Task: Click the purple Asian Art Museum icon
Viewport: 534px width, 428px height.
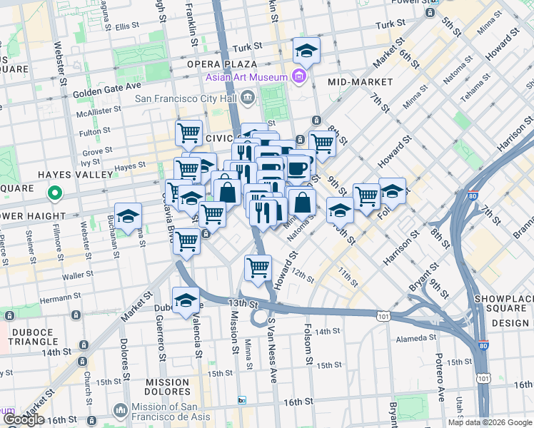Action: coord(299,77)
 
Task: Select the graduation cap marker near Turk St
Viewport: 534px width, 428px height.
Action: coord(306,51)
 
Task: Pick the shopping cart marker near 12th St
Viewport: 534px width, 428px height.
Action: coord(258,269)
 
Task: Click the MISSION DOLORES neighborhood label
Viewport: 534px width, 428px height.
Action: coord(168,387)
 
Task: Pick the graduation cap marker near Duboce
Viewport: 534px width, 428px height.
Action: coord(186,300)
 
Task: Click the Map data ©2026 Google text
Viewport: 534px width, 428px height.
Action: coord(490,422)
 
